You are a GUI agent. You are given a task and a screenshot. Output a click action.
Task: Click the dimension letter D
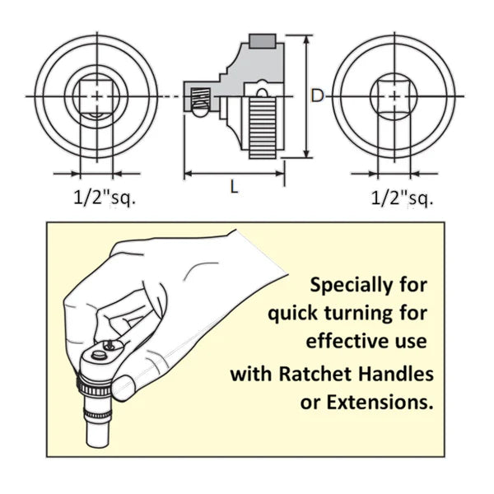[x=317, y=96]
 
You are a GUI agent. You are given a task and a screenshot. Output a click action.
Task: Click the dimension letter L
[x=234, y=188]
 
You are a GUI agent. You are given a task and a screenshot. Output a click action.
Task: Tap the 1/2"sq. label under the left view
[x=105, y=198]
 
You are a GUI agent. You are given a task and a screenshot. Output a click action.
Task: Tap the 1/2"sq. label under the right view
[x=403, y=198]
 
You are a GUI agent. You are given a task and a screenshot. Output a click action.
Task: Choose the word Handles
[x=396, y=374]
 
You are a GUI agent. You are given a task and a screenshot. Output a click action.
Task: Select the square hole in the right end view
[x=394, y=96]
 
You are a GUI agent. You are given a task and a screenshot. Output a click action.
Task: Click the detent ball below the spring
[x=200, y=109]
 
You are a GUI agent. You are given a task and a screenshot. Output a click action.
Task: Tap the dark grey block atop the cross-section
[x=263, y=41]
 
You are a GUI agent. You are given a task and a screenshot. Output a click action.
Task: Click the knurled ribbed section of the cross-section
[x=263, y=127]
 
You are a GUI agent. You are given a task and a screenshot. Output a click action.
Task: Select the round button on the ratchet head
[x=99, y=355]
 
